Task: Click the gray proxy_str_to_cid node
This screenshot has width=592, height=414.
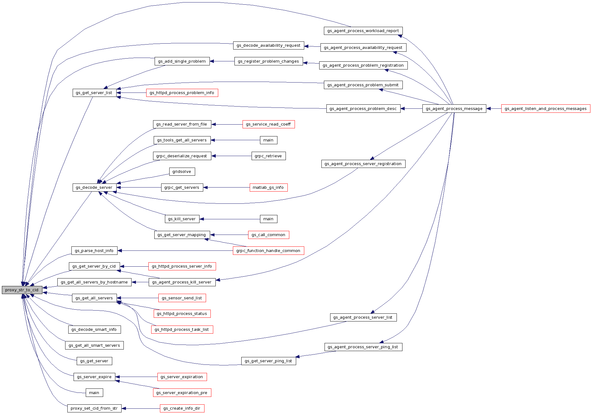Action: (22, 290)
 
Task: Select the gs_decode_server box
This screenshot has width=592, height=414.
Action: (94, 188)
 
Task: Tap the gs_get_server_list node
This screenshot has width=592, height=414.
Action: (94, 93)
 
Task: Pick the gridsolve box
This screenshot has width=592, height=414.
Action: (182, 172)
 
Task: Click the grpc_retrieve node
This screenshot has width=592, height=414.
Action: (268, 156)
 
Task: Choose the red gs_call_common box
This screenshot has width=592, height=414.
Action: (268, 235)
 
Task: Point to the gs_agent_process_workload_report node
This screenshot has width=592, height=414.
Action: (363, 31)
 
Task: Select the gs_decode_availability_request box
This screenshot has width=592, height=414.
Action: (268, 45)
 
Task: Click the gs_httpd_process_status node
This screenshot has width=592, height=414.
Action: (182, 314)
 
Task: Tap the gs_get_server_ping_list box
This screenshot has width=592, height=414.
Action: (268, 361)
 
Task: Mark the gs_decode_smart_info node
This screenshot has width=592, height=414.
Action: (94, 330)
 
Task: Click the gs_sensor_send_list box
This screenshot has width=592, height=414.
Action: (182, 298)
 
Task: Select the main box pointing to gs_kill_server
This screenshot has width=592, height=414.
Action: (268, 219)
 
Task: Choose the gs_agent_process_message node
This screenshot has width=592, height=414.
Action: (454, 109)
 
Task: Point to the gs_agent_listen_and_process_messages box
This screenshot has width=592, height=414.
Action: (546, 109)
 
